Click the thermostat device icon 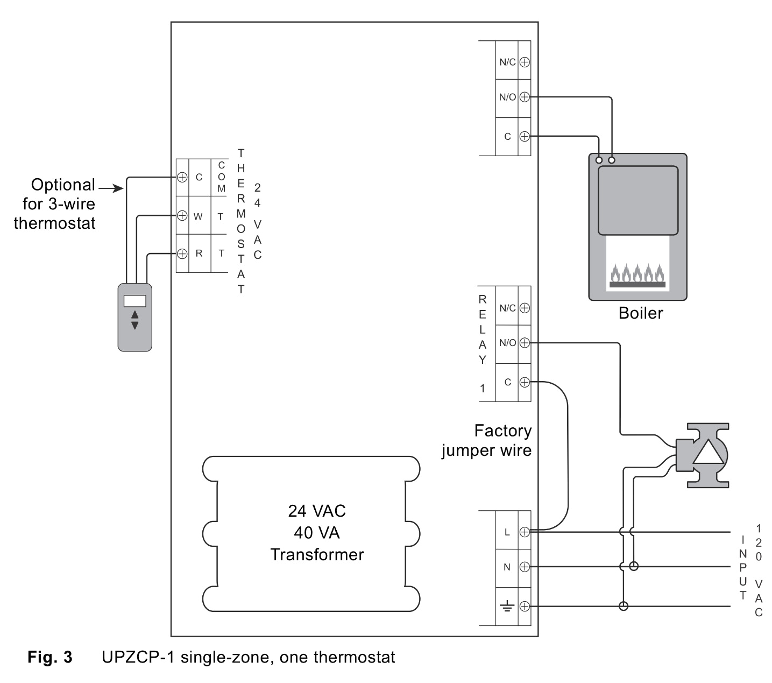tap(134, 318)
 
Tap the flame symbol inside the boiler tap(638, 275)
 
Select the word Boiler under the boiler tap(640, 313)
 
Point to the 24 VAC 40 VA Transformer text tap(317, 532)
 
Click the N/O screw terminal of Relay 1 tap(525, 342)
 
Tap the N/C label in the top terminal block tap(507, 62)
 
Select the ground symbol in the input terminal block tap(507, 607)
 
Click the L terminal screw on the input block tap(525, 532)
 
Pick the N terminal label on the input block tap(507, 567)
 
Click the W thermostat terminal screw tap(182, 216)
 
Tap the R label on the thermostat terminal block tap(199, 253)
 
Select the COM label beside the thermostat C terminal tap(221, 177)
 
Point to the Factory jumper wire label tap(487, 440)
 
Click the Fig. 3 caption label tap(49, 657)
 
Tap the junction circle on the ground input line tap(624, 607)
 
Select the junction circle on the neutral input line tap(634, 566)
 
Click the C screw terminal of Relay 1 tap(525, 382)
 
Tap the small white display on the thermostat tap(134, 301)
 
